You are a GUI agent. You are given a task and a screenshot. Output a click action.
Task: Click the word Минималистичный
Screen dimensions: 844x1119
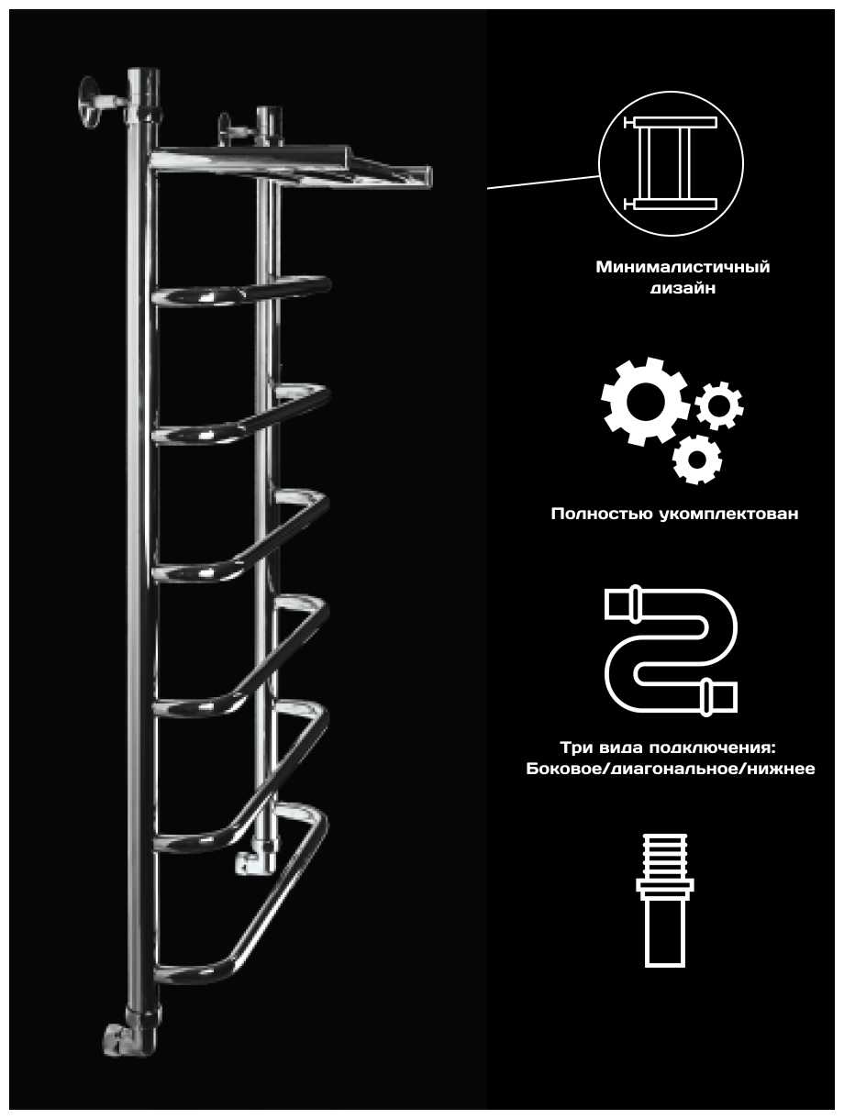tap(683, 267)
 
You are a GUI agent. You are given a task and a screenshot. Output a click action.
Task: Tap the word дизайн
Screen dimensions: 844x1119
tap(683, 289)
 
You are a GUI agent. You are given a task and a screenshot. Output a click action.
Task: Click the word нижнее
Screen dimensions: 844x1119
tap(781, 769)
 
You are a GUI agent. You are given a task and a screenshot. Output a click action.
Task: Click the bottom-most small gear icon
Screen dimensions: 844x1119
tap(696, 460)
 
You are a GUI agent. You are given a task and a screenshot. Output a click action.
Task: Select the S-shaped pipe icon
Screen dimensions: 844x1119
tap(671, 651)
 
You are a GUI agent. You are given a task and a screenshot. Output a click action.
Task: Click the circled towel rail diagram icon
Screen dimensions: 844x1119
tap(671, 164)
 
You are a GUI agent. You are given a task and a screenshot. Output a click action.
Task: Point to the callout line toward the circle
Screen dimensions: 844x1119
tap(543, 183)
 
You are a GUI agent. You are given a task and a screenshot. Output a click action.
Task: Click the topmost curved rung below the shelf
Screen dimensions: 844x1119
tap(242, 291)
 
